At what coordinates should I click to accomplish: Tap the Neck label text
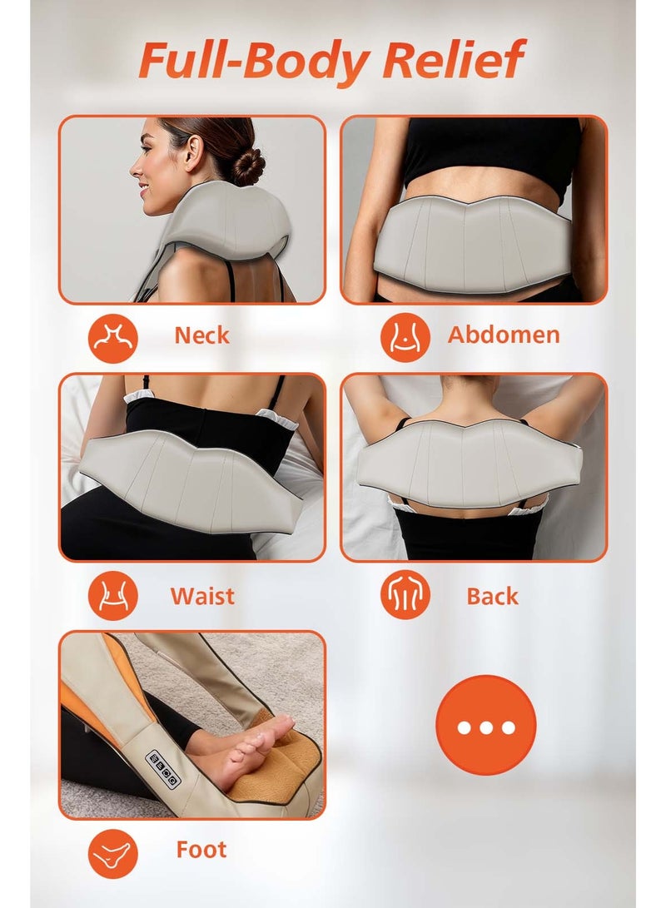point(201,335)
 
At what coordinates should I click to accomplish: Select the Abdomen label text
point(504,335)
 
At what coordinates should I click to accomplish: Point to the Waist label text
point(202,596)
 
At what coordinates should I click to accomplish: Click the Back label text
point(492,596)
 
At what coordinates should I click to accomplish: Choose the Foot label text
point(201,850)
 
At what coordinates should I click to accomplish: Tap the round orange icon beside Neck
point(112,336)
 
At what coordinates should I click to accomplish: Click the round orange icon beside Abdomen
point(405,336)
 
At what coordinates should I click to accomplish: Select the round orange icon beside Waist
point(112,597)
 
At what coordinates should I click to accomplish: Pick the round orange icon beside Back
point(405,597)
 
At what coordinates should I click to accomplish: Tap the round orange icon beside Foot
point(112,851)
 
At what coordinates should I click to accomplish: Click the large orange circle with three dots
point(486,725)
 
